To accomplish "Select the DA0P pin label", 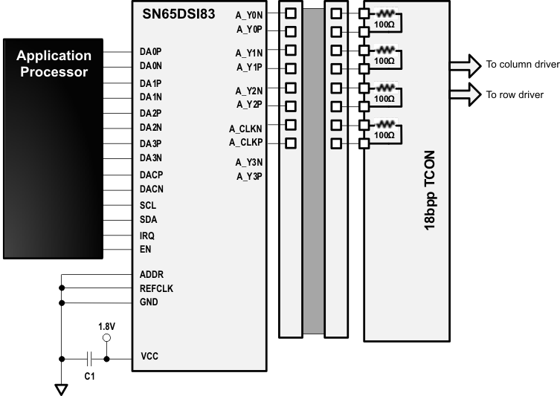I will (x=151, y=52).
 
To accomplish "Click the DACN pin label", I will (x=152, y=189).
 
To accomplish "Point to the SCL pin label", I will (x=148, y=204).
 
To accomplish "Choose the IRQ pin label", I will (x=147, y=235).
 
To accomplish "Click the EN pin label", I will (x=146, y=249).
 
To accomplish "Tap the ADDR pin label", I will (x=152, y=273).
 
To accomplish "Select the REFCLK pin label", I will (x=156, y=288).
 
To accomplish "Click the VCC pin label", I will (x=149, y=357).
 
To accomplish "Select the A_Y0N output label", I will (x=249, y=14).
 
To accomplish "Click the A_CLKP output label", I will (x=245, y=142).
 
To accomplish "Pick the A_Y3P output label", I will (x=249, y=176).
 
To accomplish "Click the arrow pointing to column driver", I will (x=465, y=64).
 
